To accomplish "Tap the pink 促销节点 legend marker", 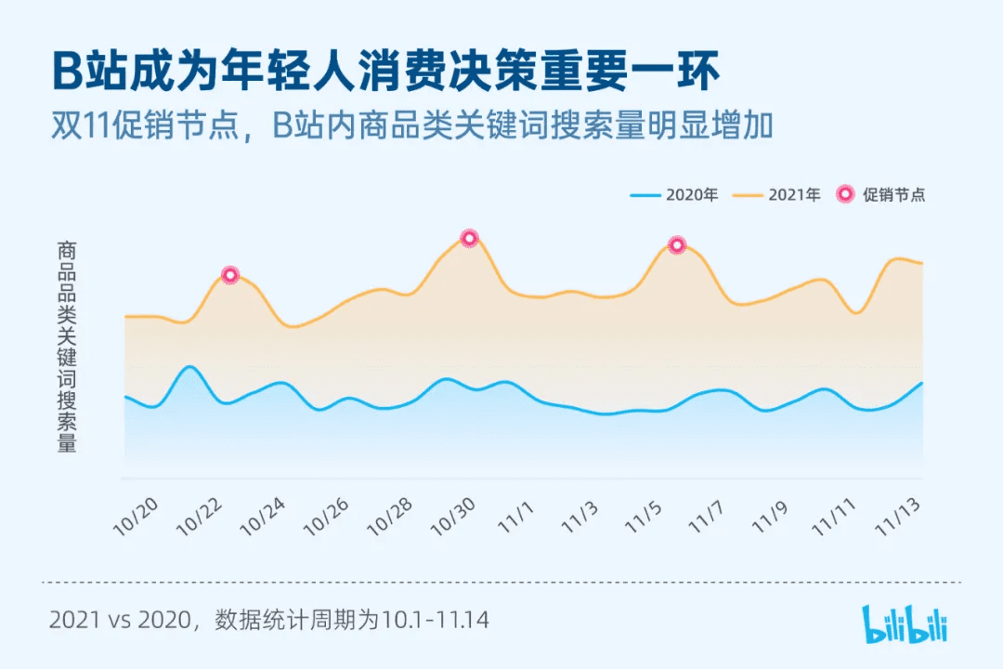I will click(845, 195).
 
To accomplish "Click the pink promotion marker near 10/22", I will click(230, 275).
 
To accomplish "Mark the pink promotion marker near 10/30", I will click(469, 238).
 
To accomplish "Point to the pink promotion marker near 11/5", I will click(677, 245).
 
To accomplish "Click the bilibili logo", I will click(905, 624).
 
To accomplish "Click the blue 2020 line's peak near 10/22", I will click(189, 367).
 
